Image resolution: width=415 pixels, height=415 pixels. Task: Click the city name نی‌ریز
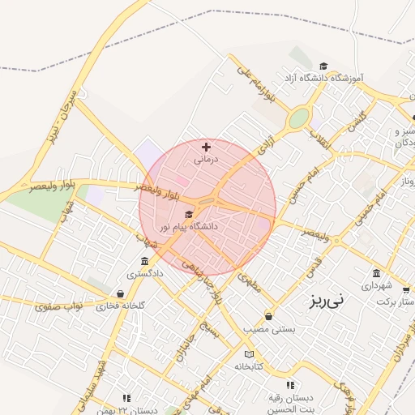click(327, 299)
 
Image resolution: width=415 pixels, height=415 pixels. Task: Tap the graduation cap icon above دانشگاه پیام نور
click(189, 215)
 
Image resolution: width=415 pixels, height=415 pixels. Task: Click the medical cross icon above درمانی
click(206, 147)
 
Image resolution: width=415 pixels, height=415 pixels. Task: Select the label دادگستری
click(144, 274)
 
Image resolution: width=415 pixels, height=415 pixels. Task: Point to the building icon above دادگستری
click(144, 261)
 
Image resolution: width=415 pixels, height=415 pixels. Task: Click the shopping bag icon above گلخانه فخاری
click(121, 293)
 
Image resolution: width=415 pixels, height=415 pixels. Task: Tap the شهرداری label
click(376, 286)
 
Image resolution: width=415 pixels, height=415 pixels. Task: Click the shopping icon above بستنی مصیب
click(268, 316)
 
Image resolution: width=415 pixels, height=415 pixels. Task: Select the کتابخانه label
click(250, 366)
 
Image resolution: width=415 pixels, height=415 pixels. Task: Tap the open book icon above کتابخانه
click(249, 354)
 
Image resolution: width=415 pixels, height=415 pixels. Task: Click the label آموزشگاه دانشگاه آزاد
click(323, 78)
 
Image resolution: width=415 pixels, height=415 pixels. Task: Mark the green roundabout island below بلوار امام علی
click(298, 118)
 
